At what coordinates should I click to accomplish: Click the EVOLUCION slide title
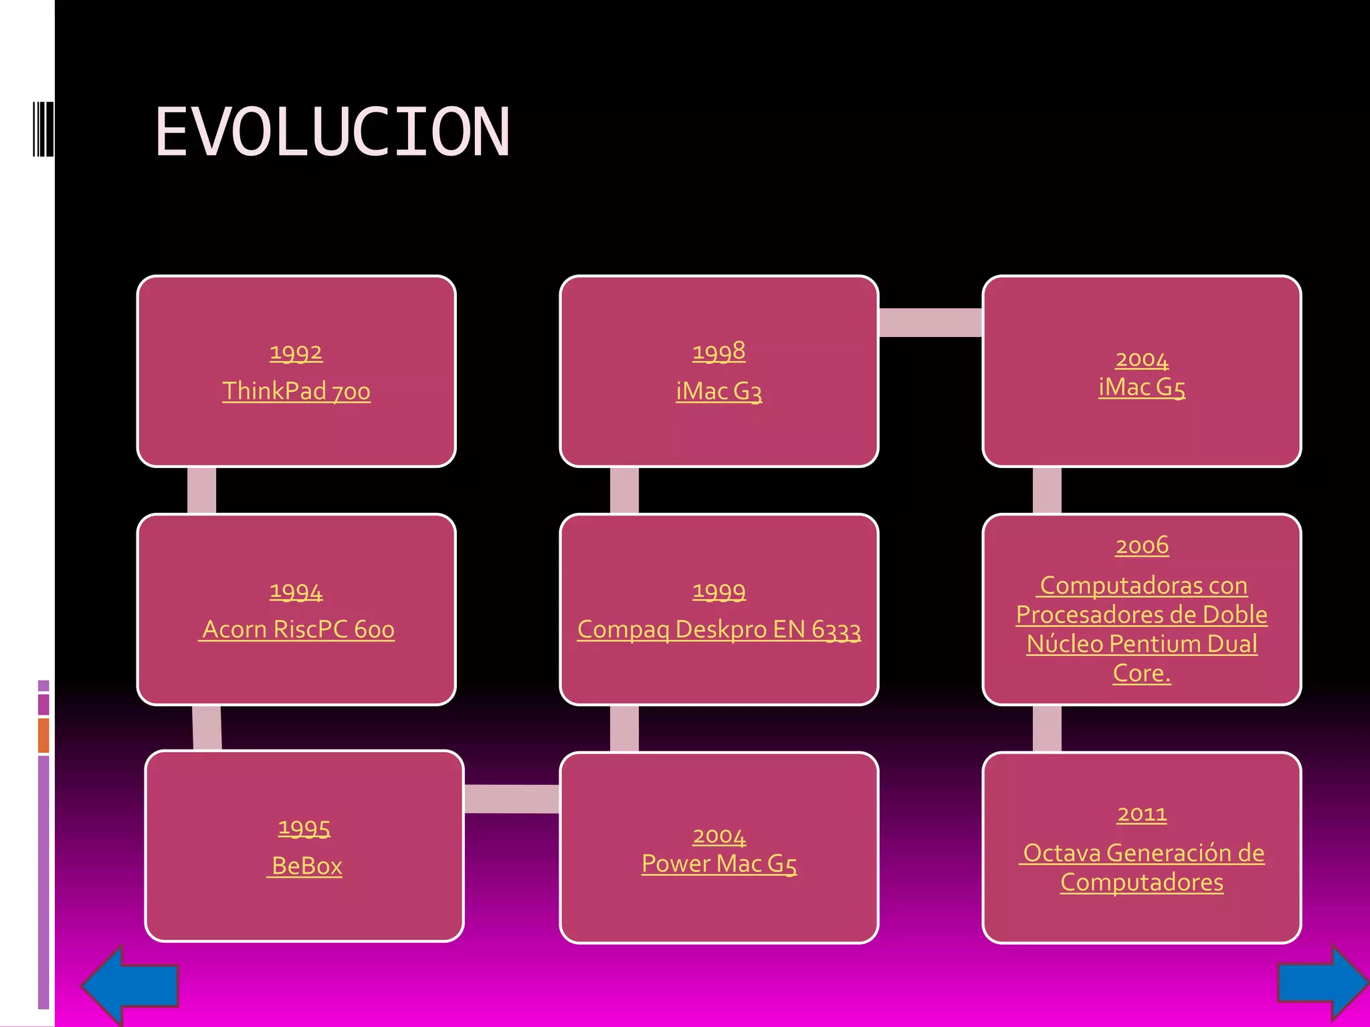332,132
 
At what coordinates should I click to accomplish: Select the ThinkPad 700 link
296,391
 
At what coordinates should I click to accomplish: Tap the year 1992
296,352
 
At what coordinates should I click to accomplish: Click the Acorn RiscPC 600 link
298,629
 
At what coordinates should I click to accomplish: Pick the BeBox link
306,866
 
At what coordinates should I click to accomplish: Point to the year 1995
304,828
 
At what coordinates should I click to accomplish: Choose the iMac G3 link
718,391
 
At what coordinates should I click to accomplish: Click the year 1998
718,352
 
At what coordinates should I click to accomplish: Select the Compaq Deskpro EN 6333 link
718,630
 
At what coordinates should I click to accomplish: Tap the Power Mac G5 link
718,864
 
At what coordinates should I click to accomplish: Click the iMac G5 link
1141,387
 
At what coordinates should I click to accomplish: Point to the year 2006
1141,546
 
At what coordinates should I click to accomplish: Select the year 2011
1141,814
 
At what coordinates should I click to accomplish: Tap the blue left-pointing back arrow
130,985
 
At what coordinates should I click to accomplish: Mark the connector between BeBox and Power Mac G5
512,798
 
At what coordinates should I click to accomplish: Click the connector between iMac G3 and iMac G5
930,322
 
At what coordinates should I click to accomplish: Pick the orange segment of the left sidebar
43,735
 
